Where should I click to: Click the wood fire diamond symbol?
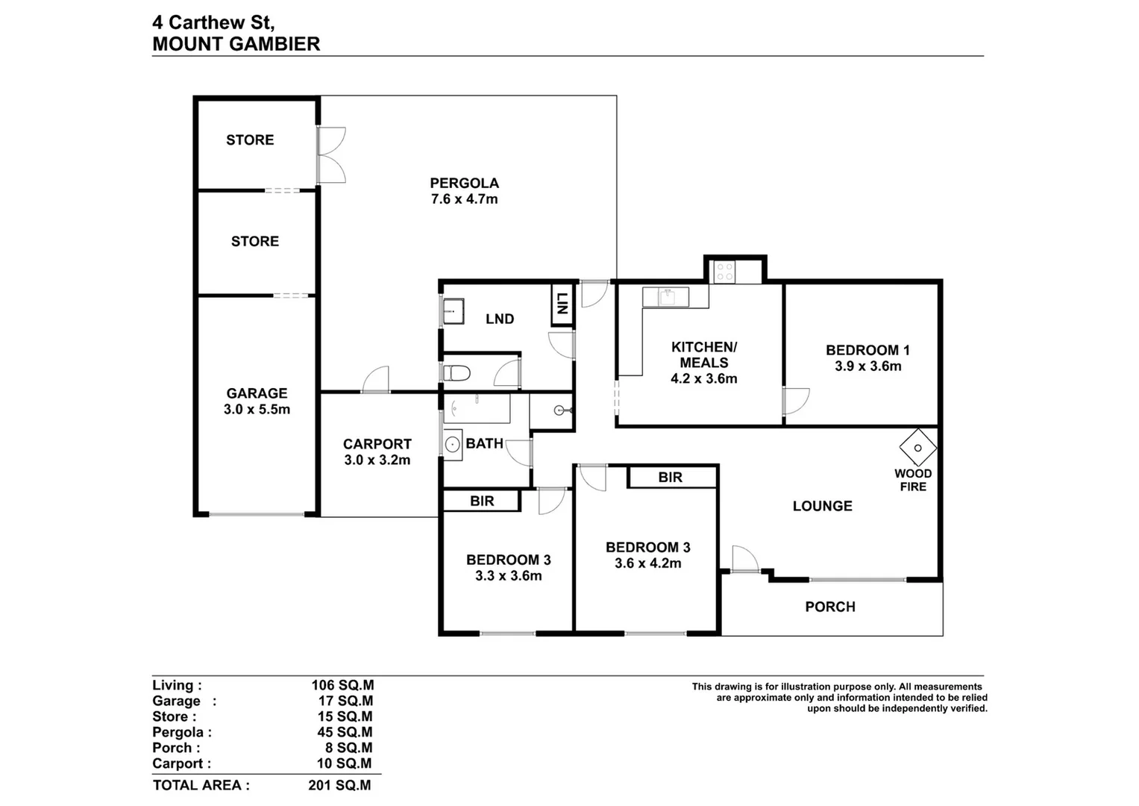[917, 448]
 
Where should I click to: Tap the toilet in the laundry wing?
[456, 373]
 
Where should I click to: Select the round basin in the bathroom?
[452, 445]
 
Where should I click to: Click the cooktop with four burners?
[724, 272]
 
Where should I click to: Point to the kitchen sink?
[667, 297]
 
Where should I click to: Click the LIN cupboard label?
[562, 303]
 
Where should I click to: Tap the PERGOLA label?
[464, 183]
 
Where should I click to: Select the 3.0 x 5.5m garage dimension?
[257, 409]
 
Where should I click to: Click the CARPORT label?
[377, 444]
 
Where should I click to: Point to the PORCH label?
[830, 607]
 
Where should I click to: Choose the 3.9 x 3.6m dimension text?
[868, 366]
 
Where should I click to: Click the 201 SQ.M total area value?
[339, 785]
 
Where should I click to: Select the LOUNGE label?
[822, 506]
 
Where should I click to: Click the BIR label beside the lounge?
[670, 478]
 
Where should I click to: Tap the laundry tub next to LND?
[454, 311]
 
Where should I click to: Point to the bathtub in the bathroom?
[477, 409]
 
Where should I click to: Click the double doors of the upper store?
[331, 155]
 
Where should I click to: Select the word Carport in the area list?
[178, 763]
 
